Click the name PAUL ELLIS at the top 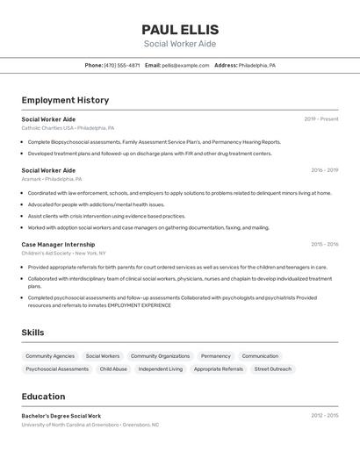click(180, 29)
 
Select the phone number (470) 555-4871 click(122, 65)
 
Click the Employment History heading click(65, 100)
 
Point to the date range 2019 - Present click(321, 119)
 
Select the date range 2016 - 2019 click(324, 170)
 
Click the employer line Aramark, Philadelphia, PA click(52, 178)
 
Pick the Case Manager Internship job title click(58, 245)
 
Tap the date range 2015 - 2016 click(324, 245)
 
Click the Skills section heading click(32, 333)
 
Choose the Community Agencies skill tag click(50, 356)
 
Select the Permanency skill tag click(216, 356)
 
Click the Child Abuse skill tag click(113, 369)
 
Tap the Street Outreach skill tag click(273, 369)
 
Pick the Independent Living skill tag click(161, 369)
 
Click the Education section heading click(43, 397)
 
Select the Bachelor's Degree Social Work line click(61, 416)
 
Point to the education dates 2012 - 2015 click(324, 416)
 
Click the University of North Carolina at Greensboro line click(90, 425)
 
